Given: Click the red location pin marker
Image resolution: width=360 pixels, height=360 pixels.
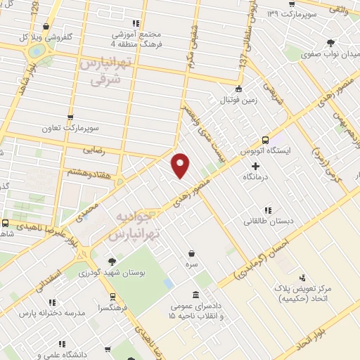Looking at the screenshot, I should coord(181,165).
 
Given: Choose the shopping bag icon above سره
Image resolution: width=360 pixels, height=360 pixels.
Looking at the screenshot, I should coord(191,253).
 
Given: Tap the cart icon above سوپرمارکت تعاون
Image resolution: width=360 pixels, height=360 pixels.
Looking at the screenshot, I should coord(70,117).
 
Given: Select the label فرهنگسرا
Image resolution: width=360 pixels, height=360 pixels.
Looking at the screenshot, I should coord(115,307).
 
